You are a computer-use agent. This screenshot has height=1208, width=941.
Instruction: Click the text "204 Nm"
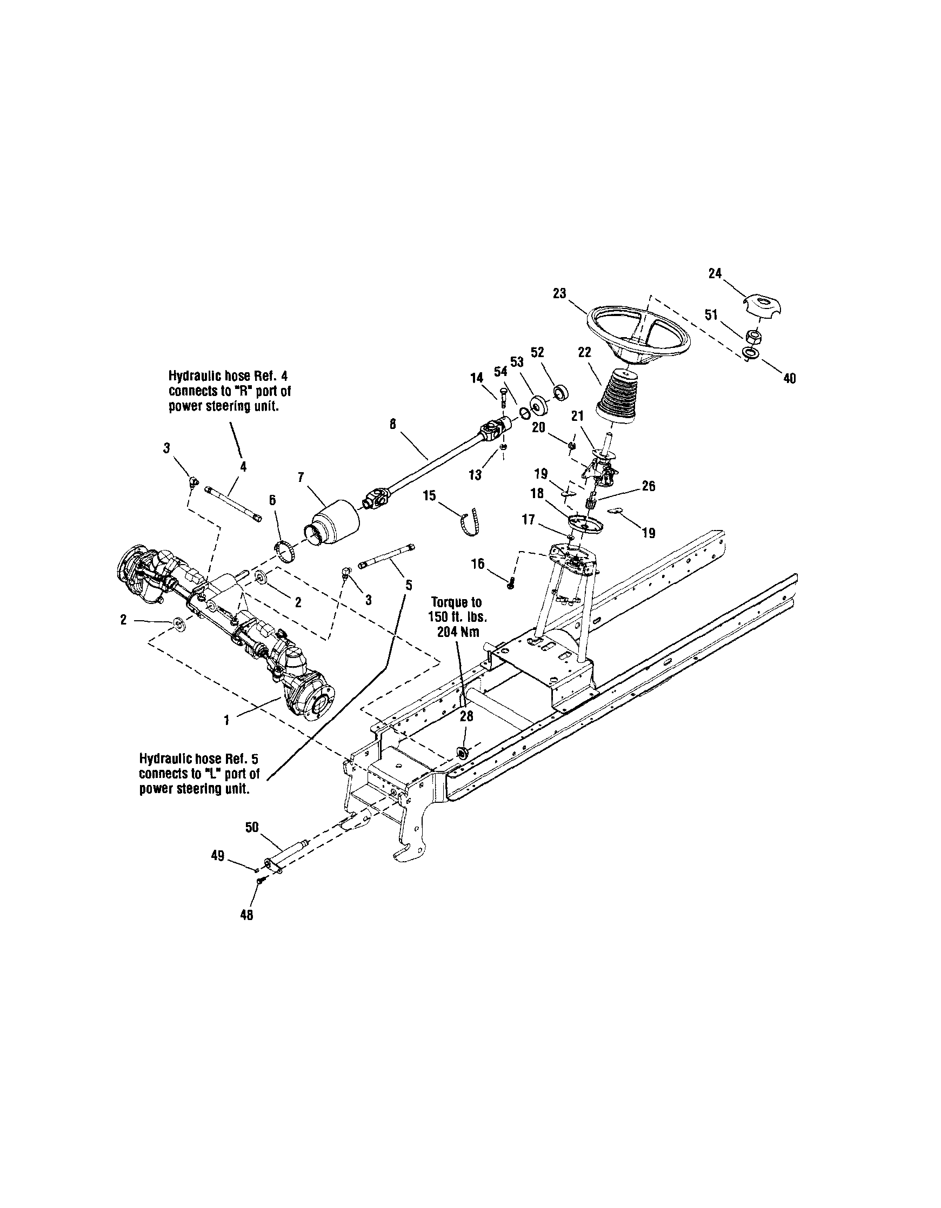click(x=458, y=633)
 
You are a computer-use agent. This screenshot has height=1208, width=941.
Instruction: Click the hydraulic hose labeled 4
click(x=234, y=502)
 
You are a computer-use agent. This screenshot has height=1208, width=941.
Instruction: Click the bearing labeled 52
click(x=562, y=392)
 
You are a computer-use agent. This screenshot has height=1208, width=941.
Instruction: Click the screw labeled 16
click(x=512, y=582)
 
